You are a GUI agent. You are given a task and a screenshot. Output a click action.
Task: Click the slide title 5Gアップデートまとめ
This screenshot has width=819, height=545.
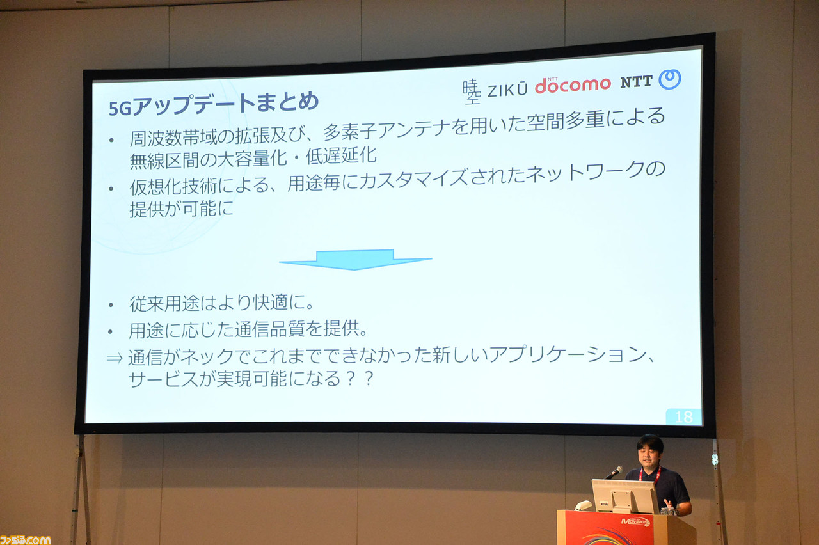[x=214, y=104]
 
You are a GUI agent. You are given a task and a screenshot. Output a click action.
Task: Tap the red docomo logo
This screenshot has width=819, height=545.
[x=573, y=86]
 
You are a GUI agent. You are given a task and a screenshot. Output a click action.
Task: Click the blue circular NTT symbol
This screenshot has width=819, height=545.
[x=670, y=79]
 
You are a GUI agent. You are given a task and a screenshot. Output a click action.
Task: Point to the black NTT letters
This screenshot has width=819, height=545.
[x=636, y=82]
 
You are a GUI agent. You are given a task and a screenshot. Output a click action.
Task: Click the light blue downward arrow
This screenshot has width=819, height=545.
[x=355, y=260]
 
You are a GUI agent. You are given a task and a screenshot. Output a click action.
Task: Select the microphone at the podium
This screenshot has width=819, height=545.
[x=614, y=472]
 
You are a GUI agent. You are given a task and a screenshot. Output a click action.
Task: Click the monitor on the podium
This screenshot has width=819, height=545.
[x=624, y=496]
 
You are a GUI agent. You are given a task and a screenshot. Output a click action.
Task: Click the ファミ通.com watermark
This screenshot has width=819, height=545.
[x=25, y=540]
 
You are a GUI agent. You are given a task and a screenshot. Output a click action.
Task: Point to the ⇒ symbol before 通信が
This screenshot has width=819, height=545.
[x=115, y=358]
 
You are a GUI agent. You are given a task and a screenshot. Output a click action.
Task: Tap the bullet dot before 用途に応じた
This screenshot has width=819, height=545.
[x=111, y=332]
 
